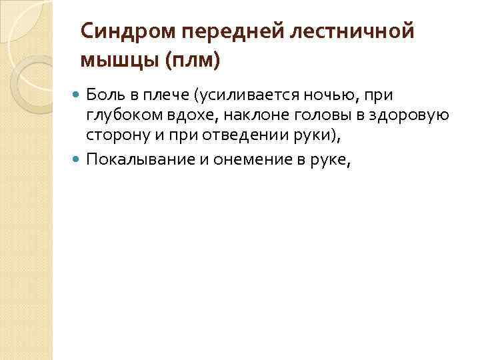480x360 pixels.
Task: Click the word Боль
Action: pyautogui.click(x=103, y=96)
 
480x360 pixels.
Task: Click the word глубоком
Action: pyautogui.click(x=117, y=117)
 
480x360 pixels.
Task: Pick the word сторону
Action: pyautogui.click(x=113, y=137)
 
